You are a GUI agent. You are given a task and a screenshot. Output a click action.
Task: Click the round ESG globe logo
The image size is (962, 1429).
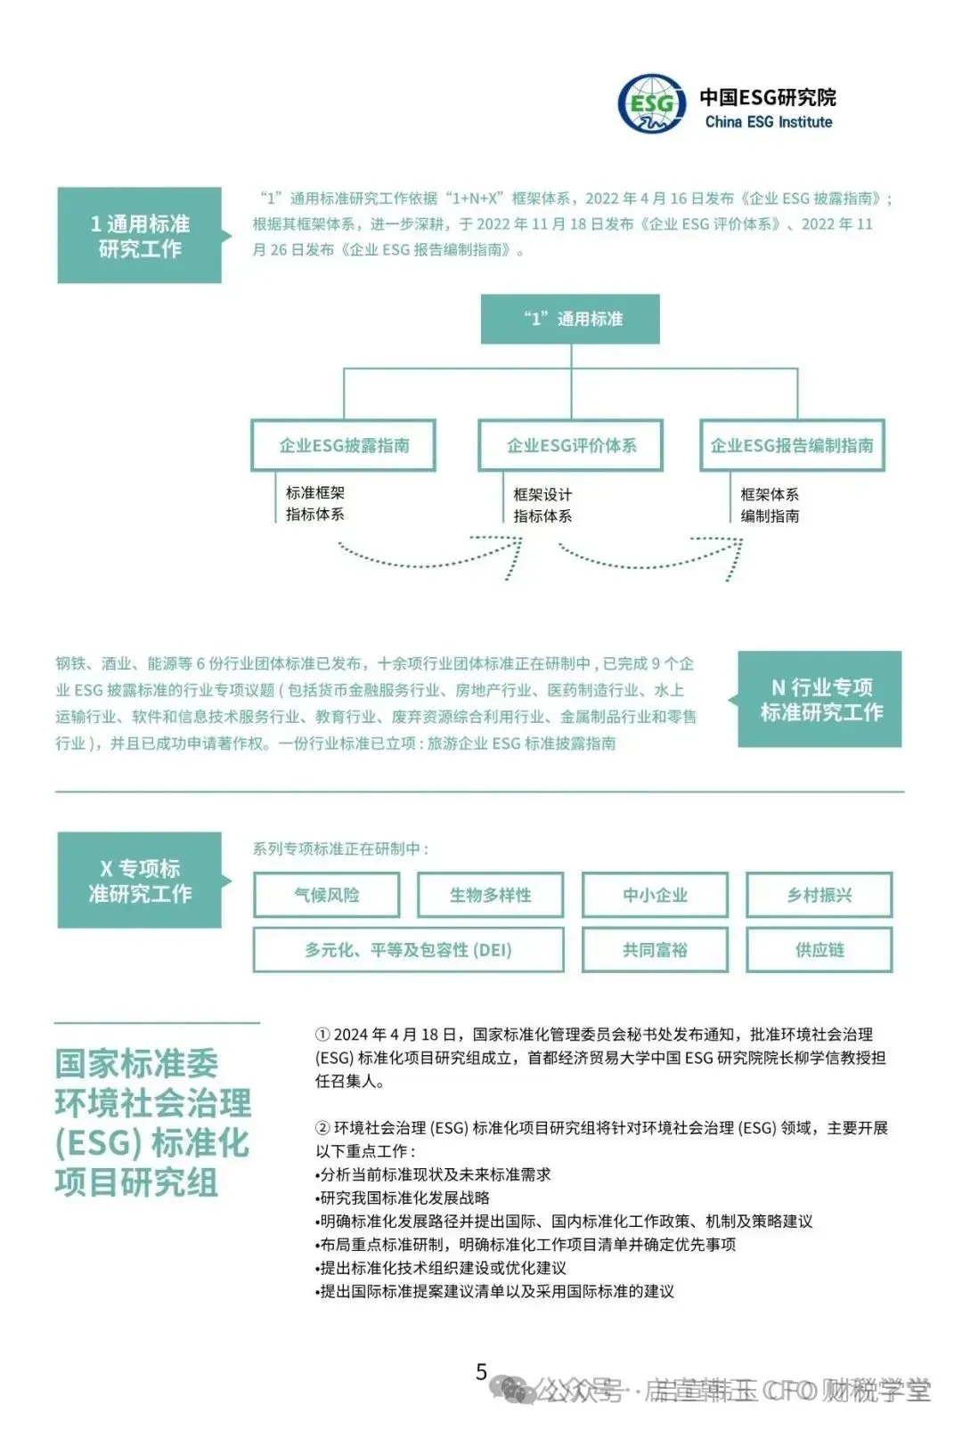tap(652, 104)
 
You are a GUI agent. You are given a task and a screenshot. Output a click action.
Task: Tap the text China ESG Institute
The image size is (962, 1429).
tap(768, 122)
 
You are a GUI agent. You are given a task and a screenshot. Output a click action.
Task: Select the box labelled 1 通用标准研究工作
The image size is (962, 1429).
tap(139, 236)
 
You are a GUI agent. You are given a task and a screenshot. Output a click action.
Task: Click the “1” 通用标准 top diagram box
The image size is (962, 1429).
tap(570, 319)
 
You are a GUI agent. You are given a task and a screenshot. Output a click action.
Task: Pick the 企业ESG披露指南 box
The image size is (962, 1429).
tap(344, 445)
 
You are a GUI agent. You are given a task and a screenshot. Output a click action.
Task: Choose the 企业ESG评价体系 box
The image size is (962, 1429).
tap(571, 445)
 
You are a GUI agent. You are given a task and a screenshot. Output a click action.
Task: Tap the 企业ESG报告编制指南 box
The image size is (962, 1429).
tap(792, 445)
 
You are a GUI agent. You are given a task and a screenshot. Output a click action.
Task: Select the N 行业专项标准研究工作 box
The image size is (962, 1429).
tap(819, 699)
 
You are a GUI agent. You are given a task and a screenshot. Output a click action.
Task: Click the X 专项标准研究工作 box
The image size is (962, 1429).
tap(139, 881)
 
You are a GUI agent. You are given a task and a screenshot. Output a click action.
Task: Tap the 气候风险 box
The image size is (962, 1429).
tap(327, 895)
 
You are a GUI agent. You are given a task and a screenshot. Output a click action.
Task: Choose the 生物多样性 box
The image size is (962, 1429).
tap(490, 895)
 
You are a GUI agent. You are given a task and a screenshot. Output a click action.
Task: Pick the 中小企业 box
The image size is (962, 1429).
tap(655, 895)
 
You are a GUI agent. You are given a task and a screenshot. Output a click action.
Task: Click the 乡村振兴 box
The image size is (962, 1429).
tap(819, 895)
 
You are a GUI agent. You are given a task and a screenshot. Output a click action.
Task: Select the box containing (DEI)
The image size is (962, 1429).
tap(408, 950)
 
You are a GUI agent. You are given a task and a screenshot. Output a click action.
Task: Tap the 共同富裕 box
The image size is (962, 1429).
tap(655, 950)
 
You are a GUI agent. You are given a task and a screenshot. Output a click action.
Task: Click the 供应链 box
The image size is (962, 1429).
tap(819, 950)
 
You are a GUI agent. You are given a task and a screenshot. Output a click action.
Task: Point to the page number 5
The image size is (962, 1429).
tap(482, 1372)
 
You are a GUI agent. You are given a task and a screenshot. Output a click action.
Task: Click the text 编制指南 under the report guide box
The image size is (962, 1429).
tap(770, 516)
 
